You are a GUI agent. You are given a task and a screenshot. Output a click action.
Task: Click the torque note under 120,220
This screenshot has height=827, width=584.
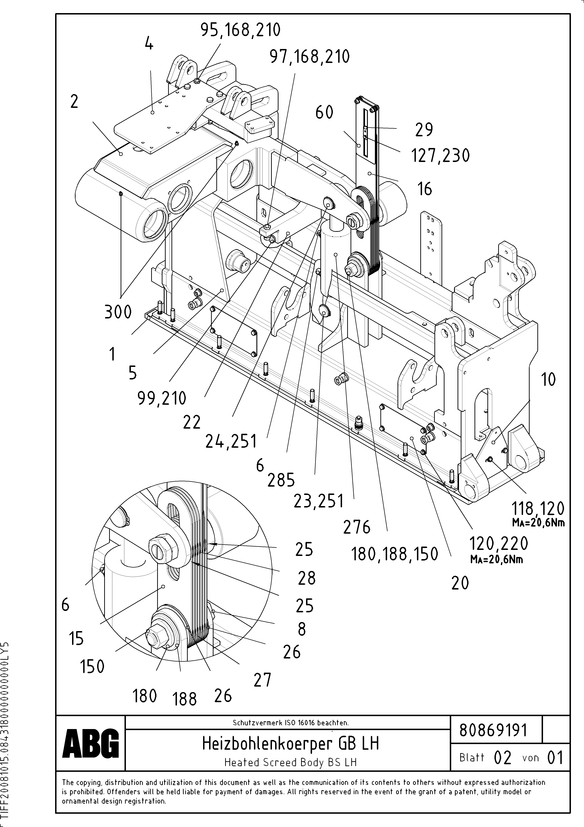tap(497, 559)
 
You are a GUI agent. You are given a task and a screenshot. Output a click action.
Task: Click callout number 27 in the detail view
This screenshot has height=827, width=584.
tap(262, 680)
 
